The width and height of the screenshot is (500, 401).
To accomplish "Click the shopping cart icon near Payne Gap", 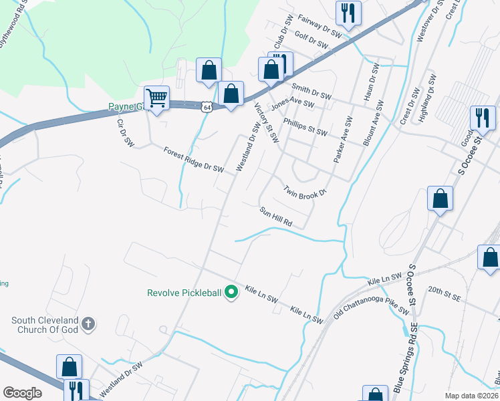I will click(156, 98).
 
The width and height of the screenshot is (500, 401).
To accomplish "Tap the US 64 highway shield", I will click(207, 106).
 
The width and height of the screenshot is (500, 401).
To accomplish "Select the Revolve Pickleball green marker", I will click(232, 292).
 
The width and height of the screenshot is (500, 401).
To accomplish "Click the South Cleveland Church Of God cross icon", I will click(88, 325).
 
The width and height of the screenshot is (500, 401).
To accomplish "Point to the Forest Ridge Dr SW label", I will click(193, 159).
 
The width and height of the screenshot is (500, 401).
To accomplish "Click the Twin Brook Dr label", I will click(305, 191).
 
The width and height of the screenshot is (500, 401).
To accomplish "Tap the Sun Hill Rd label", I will click(277, 215).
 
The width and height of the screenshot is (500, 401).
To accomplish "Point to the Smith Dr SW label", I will click(311, 91).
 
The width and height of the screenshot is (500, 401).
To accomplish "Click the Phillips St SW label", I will click(305, 126).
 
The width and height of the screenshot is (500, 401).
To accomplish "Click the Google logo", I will click(22, 392).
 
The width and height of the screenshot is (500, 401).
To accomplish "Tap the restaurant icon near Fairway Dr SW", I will click(348, 13).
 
